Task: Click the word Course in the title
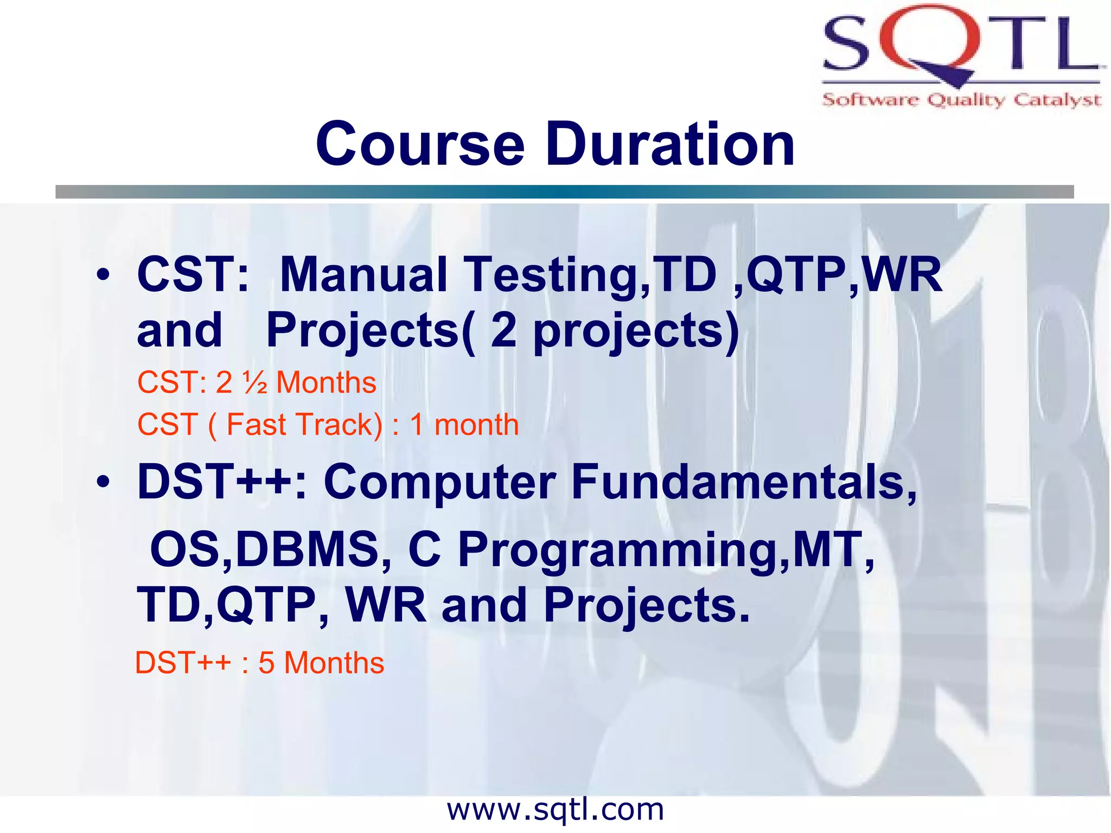420,145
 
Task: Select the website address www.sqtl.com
555,810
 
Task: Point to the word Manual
363,275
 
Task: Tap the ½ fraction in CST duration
255,383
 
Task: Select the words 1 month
464,425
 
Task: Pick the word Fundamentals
743,483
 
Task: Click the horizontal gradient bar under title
564,191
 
